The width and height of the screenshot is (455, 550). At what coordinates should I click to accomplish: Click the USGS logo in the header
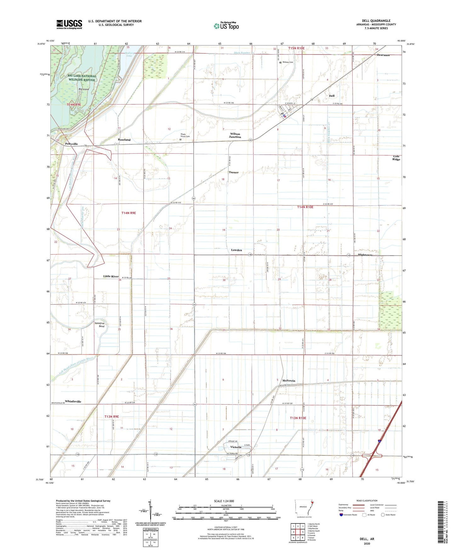tap(69, 24)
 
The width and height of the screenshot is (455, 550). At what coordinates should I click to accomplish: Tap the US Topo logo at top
tap(226, 26)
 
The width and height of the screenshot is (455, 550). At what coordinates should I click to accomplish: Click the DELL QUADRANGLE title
tap(376, 21)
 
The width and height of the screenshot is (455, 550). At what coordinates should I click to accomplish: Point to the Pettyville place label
tap(71, 144)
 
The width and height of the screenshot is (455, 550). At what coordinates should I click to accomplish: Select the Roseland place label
tap(124, 140)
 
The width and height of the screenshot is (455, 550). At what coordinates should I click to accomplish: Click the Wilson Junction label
tap(235, 135)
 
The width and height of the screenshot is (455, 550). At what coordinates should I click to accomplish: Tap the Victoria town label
tap(236, 447)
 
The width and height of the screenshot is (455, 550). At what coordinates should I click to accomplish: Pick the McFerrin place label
tap(289, 381)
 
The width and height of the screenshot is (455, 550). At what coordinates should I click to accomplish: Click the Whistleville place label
tap(73, 401)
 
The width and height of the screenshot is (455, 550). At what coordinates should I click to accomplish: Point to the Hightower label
tap(365, 255)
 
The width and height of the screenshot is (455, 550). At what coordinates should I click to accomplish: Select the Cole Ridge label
tap(396, 158)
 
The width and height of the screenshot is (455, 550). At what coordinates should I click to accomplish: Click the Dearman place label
tap(383, 55)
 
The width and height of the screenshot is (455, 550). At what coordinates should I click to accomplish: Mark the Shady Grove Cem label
tap(185, 135)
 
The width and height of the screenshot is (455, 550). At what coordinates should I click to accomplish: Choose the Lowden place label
tap(236, 250)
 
